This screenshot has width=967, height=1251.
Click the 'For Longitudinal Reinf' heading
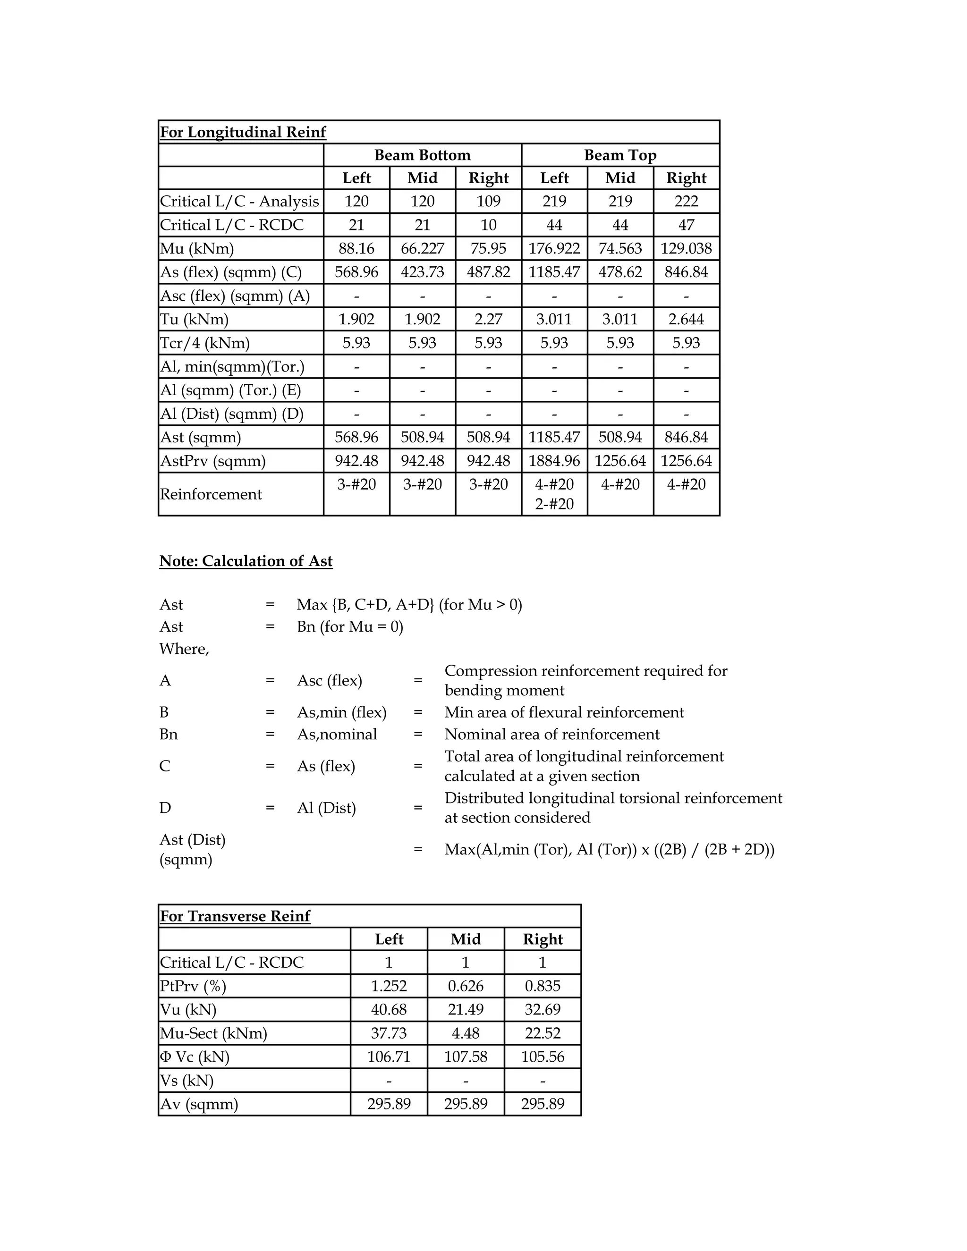242,132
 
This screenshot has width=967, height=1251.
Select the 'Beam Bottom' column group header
422,155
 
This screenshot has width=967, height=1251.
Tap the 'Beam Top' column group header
620,155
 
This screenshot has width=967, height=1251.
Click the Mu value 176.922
554,249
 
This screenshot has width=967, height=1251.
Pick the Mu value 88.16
356,249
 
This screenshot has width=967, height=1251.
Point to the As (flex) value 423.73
422,272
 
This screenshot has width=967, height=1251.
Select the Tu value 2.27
488,319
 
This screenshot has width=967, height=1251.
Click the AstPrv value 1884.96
554,461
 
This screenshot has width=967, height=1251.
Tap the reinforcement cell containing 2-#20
554,504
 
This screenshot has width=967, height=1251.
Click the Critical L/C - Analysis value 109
488,202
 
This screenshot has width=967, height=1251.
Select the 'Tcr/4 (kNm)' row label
204,343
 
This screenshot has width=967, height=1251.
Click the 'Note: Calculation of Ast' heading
246,561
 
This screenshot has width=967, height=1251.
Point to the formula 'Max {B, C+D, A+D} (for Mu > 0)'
409,605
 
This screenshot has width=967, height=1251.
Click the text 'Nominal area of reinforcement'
551,735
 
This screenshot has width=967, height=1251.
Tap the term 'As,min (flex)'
341,712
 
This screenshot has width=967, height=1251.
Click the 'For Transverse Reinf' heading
235,916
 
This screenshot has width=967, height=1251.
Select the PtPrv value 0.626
465,986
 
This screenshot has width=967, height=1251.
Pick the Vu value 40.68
389,1010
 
